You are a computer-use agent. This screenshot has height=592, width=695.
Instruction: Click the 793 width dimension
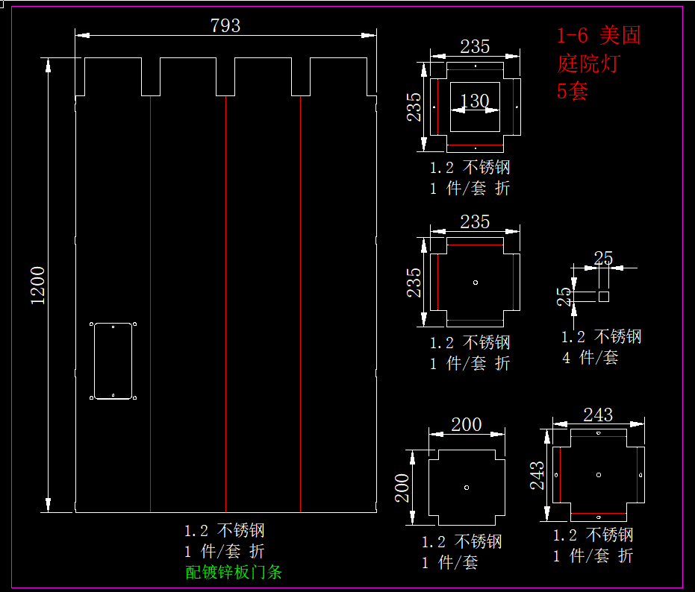pyautogui.click(x=225, y=25)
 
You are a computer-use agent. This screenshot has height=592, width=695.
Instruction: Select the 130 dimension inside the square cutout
pyautogui.click(x=475, y=101)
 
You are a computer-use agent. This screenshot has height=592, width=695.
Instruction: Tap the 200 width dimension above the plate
pyautogui.click(x=467, y=424)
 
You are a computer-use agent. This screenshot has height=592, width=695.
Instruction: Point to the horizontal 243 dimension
pyautogui.click(x=597, y=414)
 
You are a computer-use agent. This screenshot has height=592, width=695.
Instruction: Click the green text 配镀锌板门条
pyautogui.click(x=234, y=572)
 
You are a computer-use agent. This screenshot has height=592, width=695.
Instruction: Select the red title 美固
pyautogui.click(x=620, y=35)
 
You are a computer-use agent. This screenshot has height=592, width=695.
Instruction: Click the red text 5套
pyautogui.click(x=573, y=91)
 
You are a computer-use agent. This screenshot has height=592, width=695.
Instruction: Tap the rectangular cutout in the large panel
pyautogui.click(x=113, y=361)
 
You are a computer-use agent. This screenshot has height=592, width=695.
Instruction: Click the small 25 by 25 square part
pyautogui.click(x=603, y=296)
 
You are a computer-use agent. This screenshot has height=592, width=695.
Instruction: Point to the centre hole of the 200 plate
pyautogui.click(x=466, y=487)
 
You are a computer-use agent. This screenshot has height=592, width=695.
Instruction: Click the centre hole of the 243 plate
pyautogui.click(x=599, y=474)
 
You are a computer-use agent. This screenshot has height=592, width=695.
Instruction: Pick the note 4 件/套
pyautogui.click(x=590, y=358)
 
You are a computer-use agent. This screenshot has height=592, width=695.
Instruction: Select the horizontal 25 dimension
pyautogui.click(x=603, y=258)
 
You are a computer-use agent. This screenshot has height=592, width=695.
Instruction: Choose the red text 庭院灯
pyautogui.click(x=588, y=63)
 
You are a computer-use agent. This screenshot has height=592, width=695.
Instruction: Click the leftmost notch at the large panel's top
pyautogui.click(x=151, y=77)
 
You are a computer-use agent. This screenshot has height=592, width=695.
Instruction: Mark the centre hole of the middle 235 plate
pyautogui.click(x=476, y=282)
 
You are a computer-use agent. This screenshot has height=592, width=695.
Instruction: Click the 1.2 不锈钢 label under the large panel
pyautogui.click(x=224, y=531)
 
